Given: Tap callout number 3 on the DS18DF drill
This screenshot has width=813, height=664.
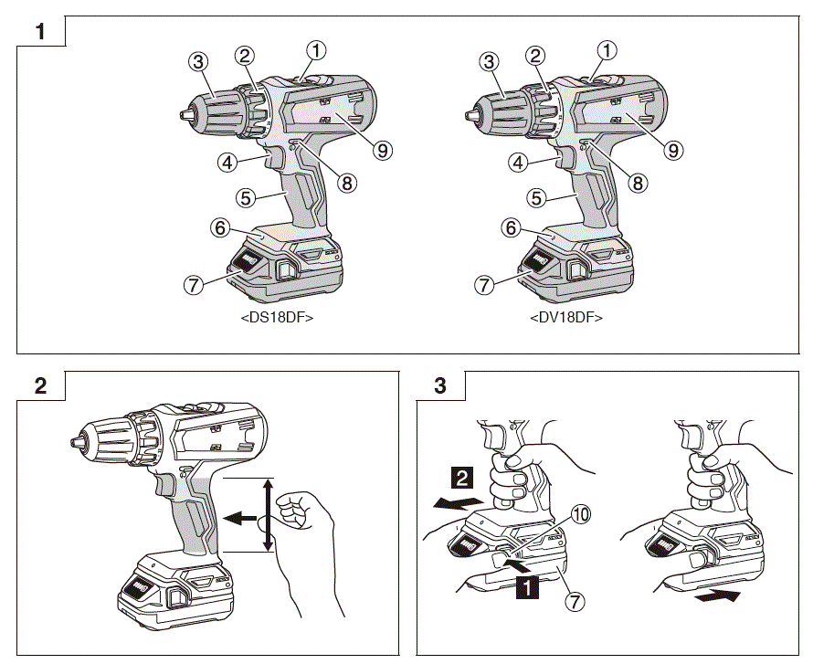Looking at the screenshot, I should coord(196,62).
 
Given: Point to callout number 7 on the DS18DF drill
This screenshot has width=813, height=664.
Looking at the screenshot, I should coord(193,284).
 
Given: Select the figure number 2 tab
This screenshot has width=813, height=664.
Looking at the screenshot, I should coord(40,385).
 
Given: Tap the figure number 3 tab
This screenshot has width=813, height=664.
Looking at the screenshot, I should coord(439,385).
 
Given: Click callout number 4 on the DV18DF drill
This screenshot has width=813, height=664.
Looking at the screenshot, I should coord(519,163).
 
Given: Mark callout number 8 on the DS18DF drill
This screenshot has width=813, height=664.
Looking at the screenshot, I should coord(346,183).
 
